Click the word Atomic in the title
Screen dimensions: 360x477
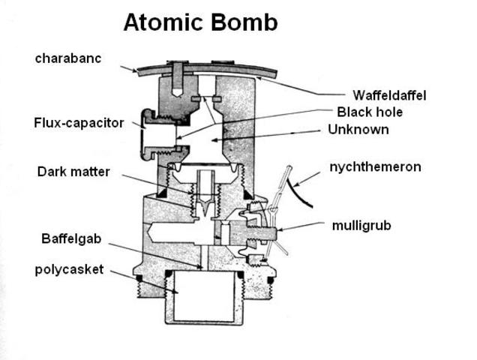160,22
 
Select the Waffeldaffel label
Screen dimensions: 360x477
389,95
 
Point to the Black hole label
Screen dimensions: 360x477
370,112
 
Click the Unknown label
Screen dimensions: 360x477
358,130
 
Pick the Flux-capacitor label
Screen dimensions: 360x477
79,122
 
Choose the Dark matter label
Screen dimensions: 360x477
73,172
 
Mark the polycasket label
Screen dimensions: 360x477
69,269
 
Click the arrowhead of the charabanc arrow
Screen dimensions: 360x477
139,73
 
